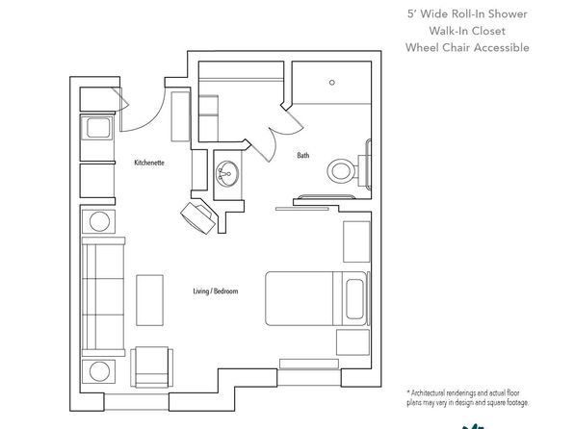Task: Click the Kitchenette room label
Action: tap(149, 163)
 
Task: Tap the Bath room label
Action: tap(303, 156)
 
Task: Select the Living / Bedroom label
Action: tap(216, 291)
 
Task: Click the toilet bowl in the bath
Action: tap(342, 171)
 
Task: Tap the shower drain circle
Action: tap(332, 83)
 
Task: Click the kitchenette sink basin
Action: tap(98, 128)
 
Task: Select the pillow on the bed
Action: tap(354, 299)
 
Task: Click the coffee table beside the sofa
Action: tap(149, 300)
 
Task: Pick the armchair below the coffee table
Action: tap(152, 366)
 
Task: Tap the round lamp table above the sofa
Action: tap(99, 221)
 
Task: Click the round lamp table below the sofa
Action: tap(99, 371)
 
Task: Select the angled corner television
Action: tap(198, 217)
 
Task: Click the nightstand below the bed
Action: tap(352, 342)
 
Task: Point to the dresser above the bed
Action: tap(356, 241)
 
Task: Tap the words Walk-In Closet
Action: tap(467, 31)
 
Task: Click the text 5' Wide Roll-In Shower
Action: tap(467, 13)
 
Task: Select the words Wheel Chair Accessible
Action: tap(467, 47)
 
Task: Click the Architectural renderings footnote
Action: tap(467, 398)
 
